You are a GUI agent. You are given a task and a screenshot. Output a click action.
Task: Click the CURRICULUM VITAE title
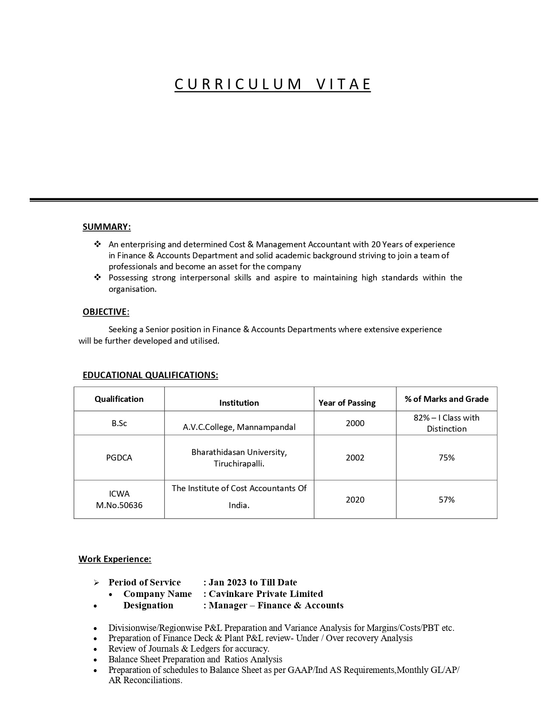272,84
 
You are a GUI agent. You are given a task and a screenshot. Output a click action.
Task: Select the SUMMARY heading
107,227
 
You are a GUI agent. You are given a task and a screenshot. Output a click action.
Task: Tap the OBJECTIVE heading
105,312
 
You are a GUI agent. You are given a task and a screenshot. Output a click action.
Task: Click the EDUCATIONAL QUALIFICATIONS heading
150,375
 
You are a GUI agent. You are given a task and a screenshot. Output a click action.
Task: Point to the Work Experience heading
115,559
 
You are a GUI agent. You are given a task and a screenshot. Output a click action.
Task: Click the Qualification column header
119,399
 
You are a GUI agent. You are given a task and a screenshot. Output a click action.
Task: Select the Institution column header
239,403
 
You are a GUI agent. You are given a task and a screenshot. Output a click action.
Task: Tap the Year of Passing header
347,403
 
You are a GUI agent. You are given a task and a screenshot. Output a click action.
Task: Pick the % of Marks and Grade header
446,399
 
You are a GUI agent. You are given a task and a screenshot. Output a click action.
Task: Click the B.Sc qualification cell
119,423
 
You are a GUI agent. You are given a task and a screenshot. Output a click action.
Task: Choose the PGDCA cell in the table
119,458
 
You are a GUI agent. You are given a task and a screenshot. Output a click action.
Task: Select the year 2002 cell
355,458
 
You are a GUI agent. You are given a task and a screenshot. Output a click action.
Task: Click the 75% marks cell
446,458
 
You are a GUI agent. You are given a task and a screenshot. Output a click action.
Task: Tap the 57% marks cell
446,500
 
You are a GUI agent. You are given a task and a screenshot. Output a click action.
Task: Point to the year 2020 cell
355,500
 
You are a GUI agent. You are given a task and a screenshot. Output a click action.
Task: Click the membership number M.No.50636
119,505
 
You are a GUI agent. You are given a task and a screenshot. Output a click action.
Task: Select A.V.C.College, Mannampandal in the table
239,427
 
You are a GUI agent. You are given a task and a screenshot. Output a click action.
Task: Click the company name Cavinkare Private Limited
266,594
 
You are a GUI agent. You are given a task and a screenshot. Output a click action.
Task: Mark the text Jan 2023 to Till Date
252,582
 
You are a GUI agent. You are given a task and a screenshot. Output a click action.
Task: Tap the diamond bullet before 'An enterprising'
98,244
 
